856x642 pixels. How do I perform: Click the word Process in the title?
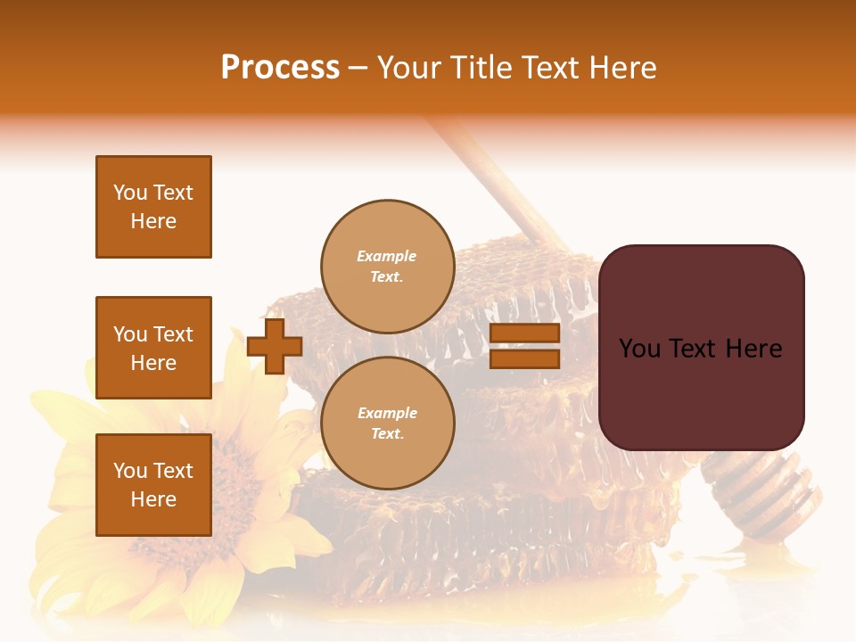tap(280, 68)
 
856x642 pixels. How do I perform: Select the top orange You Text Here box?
tap(153, 207)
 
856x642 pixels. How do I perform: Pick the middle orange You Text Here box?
tap(153, 348)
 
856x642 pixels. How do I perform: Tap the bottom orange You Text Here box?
tap(153, 485)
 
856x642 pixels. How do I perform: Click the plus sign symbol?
tap(275, 347)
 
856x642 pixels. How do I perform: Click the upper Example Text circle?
tap(387, 267)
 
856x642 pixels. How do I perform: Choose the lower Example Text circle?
tap(387, 424)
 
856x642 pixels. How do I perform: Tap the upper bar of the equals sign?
tap(524, 333)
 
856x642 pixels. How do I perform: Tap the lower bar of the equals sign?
tap(524, 359)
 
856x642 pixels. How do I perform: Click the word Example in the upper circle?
tap(387, 256)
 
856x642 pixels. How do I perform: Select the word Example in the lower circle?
tap(387, 413)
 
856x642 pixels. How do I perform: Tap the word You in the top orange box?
tap(129, 193)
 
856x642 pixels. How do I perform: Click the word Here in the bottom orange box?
tap(153, 500)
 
